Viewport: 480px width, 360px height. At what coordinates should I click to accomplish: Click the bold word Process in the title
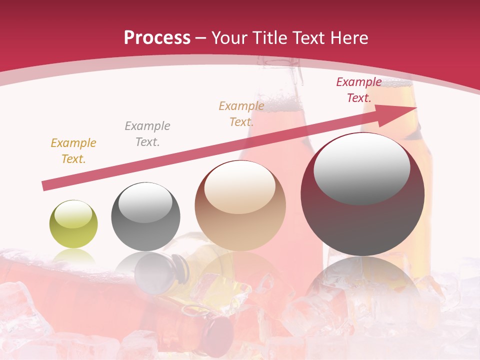[157, 38]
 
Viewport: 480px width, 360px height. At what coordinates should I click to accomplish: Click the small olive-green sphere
[73, 224]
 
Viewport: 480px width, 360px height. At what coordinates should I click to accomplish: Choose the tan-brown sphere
[240, 205]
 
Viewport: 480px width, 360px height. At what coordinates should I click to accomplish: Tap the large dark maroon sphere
[362, 194]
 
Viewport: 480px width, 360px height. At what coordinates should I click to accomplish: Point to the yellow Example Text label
[73, 151]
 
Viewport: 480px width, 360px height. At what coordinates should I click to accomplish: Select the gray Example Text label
[147, 134]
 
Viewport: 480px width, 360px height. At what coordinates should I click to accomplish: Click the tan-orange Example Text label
[241, 113]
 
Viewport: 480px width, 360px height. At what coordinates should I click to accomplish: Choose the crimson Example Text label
[359, 90]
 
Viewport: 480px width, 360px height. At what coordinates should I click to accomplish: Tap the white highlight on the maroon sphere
[362, 167]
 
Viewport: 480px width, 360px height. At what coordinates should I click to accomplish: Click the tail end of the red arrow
[45, 186]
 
